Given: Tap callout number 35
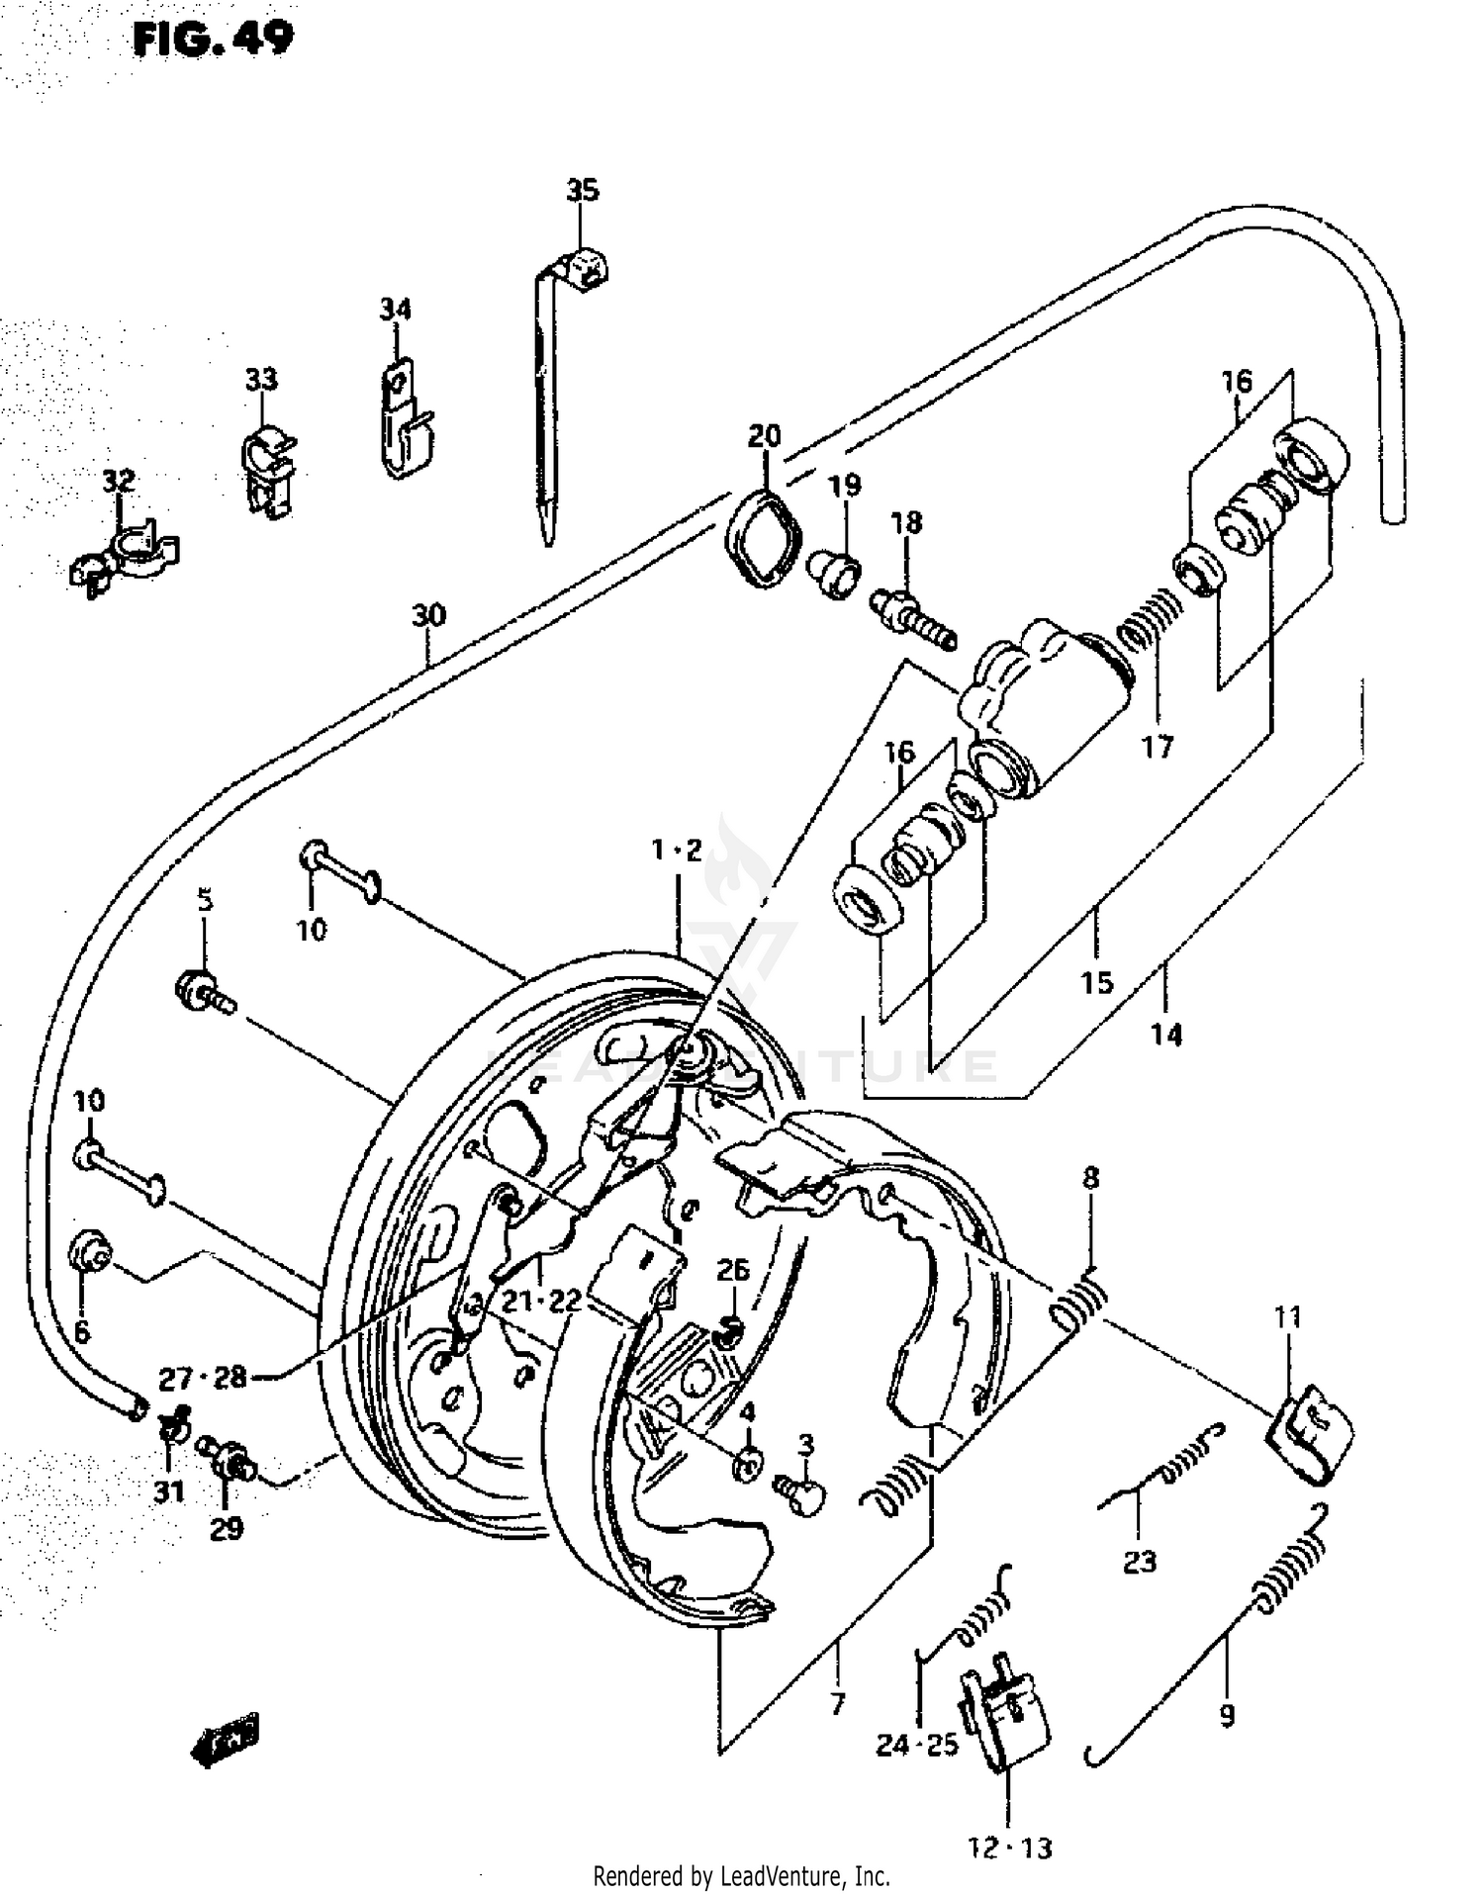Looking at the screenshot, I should tap(583, 189).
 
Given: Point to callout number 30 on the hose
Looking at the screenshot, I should tap(429, 615).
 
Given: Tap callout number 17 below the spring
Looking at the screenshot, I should tap(1157, 747).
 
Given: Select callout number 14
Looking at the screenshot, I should tap(1165, 1035).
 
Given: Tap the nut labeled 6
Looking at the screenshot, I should tap(90, 1254).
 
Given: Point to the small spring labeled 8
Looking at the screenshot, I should tap(1079, 1303).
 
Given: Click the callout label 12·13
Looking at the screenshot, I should tap(1010, 1848).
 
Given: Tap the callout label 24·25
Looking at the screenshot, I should tap(917, 1745).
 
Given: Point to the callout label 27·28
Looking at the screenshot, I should tap(203, 1377).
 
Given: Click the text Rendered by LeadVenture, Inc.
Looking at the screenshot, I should tap(741, 1875).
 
